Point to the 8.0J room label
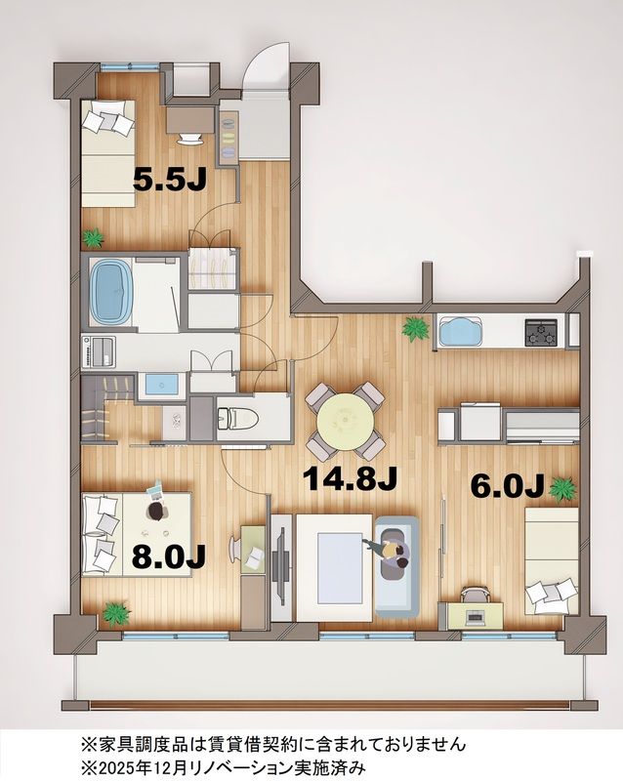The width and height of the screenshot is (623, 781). click(169, 556)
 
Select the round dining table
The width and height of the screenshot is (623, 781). click(345, 420)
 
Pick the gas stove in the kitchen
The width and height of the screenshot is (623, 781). click(541, 332)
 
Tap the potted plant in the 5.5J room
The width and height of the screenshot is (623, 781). click(94, 236)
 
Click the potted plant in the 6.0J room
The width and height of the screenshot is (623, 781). click(561, 486)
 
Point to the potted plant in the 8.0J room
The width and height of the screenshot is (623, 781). click(116, 613)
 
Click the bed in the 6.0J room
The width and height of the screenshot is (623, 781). click(551, 562)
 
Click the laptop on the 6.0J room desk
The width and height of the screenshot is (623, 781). click(476, 616)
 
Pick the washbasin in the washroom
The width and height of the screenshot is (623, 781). click(160, 384)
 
